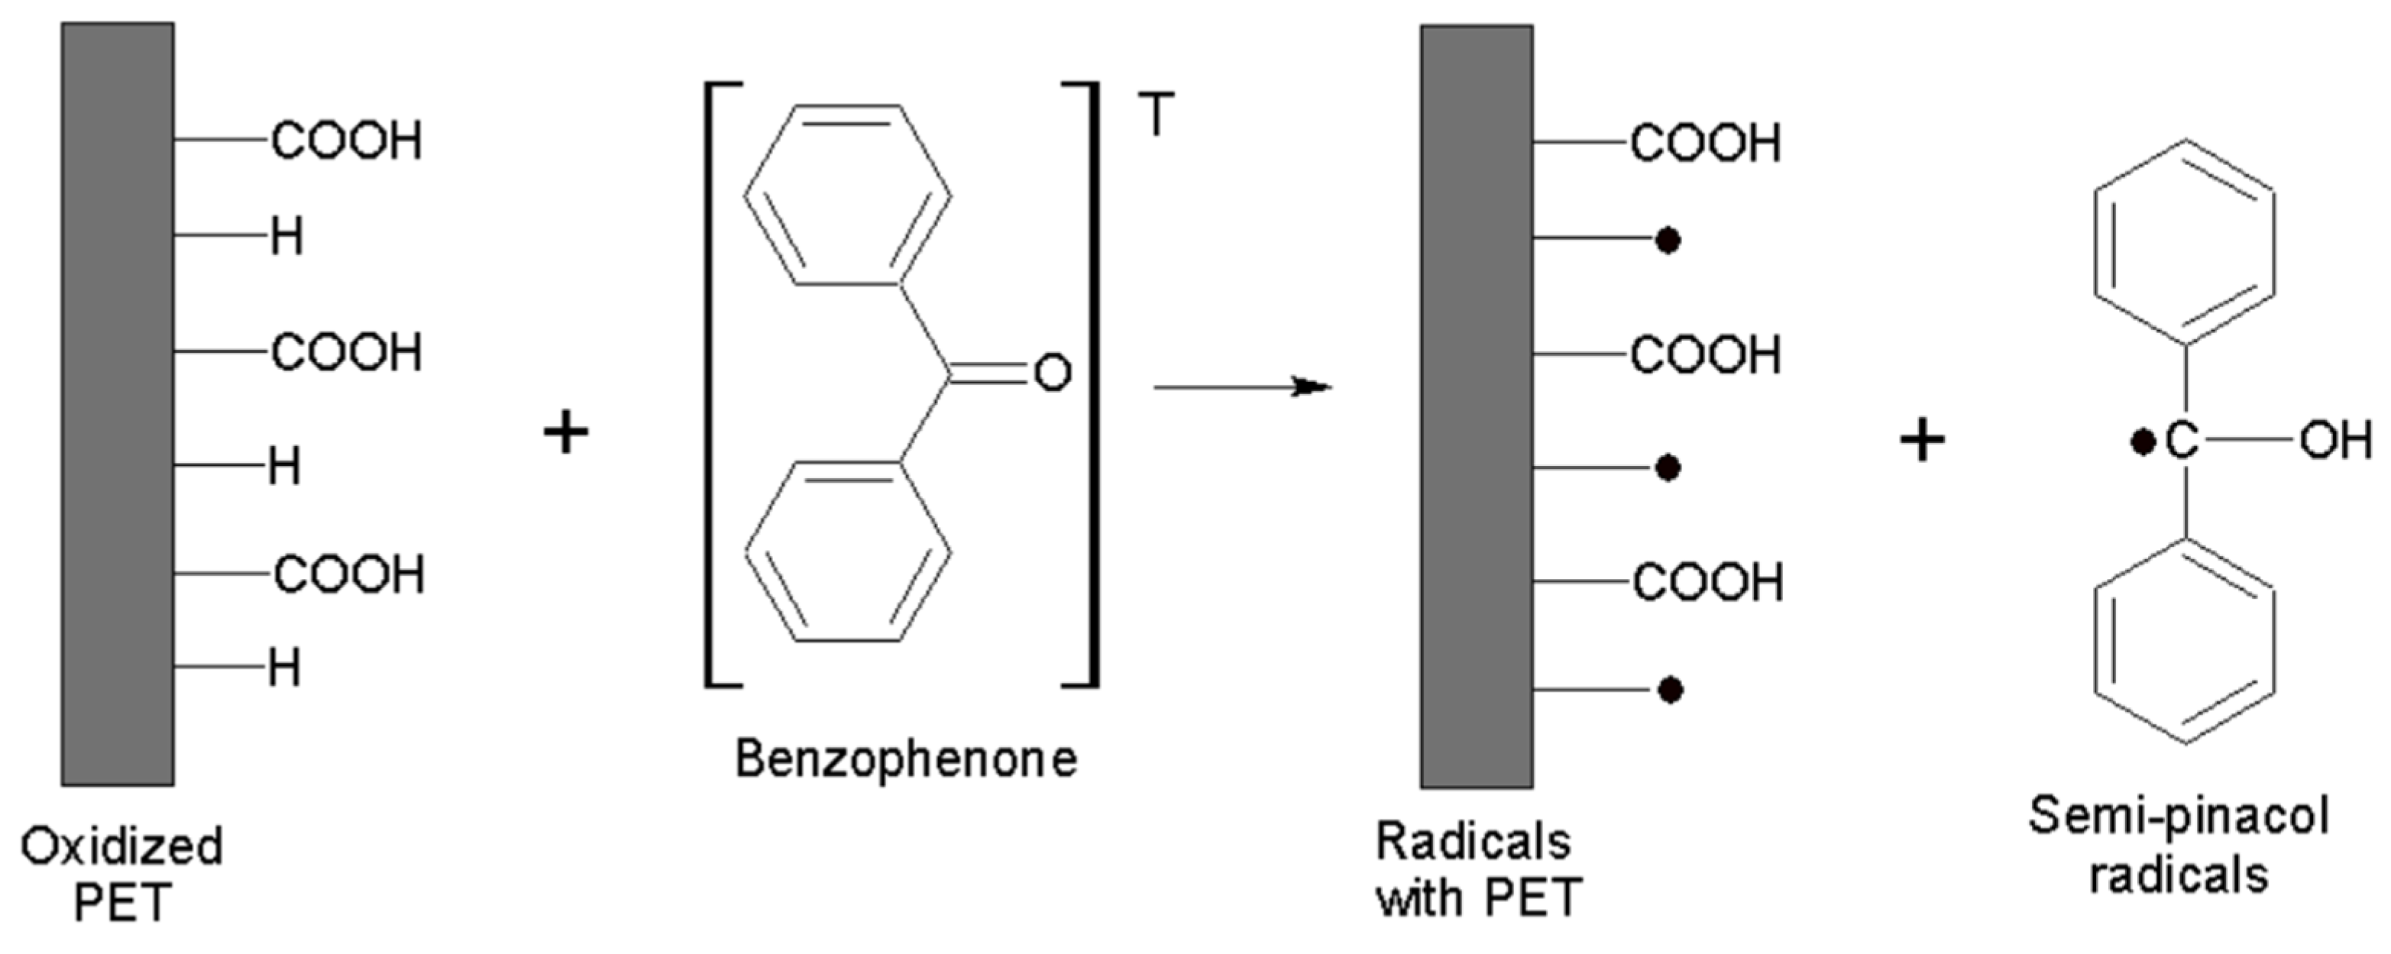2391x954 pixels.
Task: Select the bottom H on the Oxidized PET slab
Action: pos(285,668)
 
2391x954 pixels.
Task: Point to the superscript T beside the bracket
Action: pos(1156,115)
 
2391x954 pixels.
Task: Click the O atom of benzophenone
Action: pos(1052,373)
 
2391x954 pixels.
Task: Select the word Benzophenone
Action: pos(906,759)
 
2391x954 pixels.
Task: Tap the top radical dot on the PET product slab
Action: pos(1668,241)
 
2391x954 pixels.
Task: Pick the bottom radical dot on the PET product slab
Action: pos(1670,690)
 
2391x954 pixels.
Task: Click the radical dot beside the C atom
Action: pos(2142,443)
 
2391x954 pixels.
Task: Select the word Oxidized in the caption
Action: pos(121,846)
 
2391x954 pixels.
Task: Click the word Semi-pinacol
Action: pos(2178,817)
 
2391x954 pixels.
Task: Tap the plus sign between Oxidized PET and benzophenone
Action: pos(566,432)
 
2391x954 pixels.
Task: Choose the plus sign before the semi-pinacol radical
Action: pos(1922,441)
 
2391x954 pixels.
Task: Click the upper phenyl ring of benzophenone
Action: pos(846,195)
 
